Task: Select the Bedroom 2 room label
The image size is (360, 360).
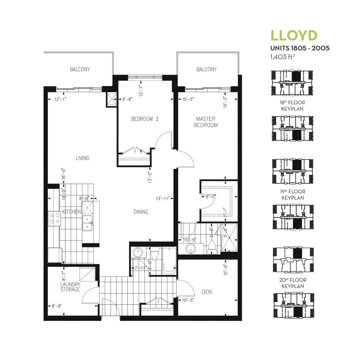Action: (x=145, y=119)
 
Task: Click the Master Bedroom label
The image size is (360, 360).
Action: (x=206, y=122)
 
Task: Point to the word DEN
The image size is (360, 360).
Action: (x=207, y=292)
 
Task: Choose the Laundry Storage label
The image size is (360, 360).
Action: (x=70, y=287)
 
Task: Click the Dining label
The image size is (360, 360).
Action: (x=141, y=212)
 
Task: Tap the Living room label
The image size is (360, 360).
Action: (x=82, y=158)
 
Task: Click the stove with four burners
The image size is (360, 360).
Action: (x=54, y=219)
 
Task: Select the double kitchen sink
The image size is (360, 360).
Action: (x=87, y=223)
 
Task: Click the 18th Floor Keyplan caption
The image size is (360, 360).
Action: (x=292, y=106)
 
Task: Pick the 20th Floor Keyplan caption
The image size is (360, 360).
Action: (x=293, y=283)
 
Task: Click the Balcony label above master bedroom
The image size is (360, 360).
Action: (x=206, y=70)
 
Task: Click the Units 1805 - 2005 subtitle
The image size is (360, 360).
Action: (x=300, y=48)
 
